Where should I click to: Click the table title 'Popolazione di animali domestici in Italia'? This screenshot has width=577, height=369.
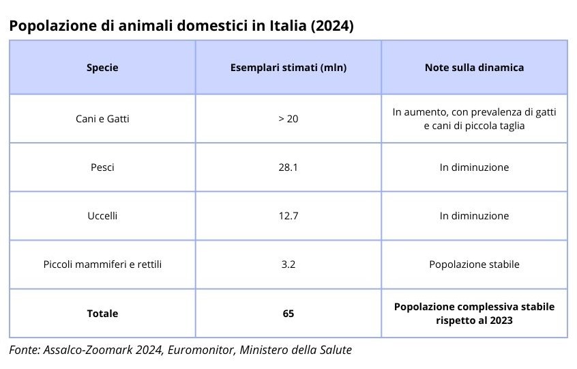[158, 26]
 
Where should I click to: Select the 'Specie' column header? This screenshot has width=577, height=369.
[102, 68]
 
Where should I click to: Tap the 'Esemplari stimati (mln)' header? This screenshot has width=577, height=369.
[288, 68]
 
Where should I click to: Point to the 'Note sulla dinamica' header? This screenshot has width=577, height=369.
[474, 68]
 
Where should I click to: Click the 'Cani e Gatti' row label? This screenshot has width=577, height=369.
[102, 119]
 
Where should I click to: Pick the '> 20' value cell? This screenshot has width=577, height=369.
[288, 119]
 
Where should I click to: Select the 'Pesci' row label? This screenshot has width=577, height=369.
[102, 167]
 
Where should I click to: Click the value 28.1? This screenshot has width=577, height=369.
[288, 167]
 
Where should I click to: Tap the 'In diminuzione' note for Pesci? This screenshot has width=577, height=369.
[474, 167]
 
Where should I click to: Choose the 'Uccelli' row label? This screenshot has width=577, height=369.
[102, 216]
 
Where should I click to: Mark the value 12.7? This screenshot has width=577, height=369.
[288, 216]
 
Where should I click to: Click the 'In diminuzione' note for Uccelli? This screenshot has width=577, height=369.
[474, 216]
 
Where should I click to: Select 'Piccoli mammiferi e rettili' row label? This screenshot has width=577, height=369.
[102, 264]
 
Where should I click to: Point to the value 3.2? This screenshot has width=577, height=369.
[288, 264]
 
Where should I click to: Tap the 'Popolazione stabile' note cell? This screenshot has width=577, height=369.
[474, 264]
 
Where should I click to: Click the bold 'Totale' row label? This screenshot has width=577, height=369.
[102, 314]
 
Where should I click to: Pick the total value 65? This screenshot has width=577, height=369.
[288, 314]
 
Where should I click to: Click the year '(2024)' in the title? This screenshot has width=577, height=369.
[332, 26]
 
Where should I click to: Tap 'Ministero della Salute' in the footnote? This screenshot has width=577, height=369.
[295, 349]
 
